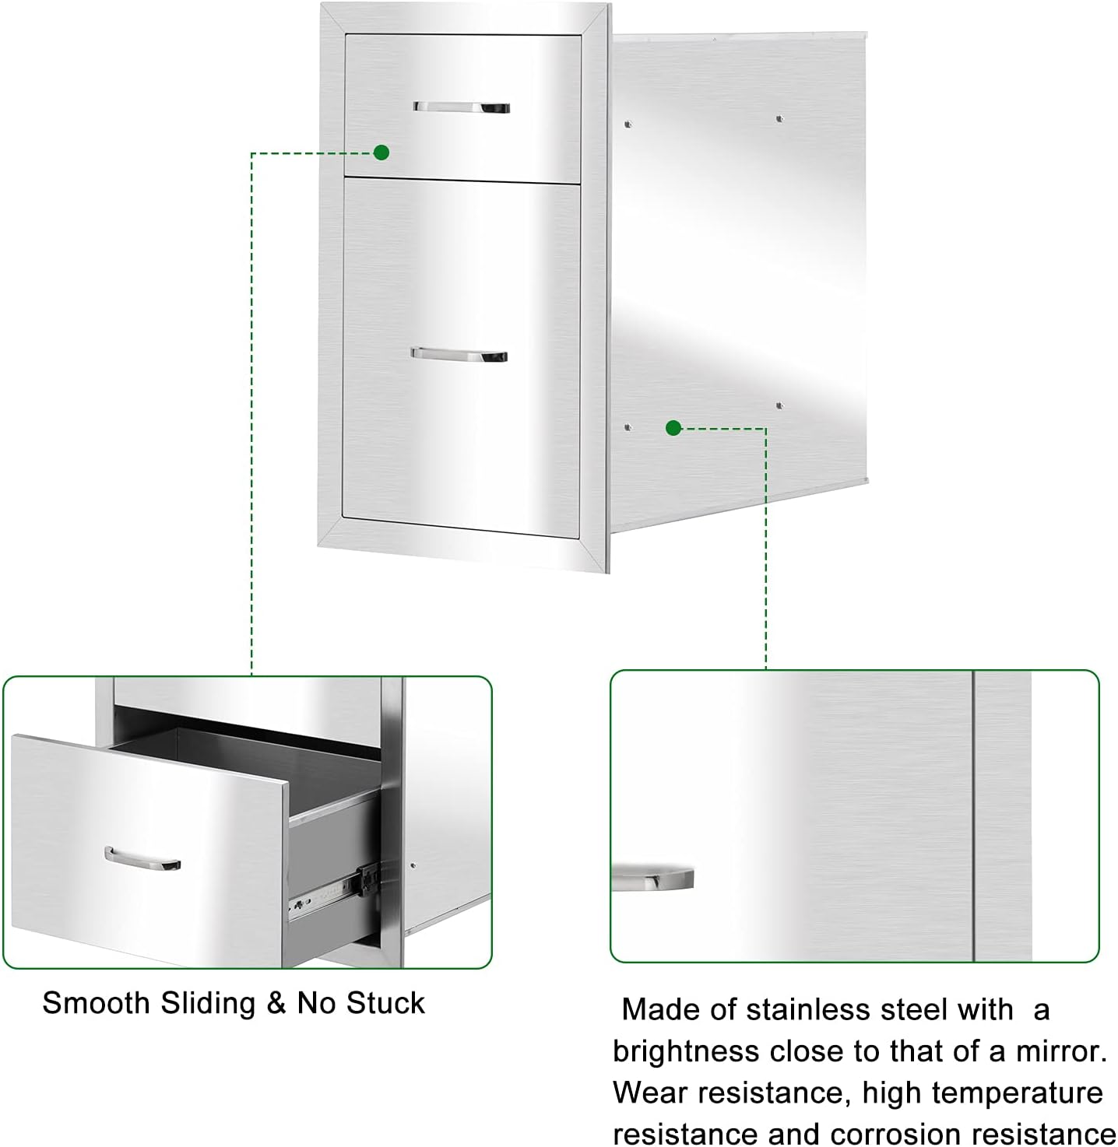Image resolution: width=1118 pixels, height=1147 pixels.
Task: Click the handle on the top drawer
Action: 461,107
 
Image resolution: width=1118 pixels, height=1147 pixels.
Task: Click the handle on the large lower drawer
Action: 459,355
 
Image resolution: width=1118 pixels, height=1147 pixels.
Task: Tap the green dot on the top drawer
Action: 381,153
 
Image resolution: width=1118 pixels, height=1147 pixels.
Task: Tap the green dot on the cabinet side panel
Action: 674,427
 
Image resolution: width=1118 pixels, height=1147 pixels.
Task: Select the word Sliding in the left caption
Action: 208,1003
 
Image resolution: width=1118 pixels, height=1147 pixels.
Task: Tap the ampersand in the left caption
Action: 276,1003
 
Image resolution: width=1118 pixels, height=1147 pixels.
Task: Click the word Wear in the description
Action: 650,1093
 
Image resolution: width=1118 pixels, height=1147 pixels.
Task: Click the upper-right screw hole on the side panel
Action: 779,119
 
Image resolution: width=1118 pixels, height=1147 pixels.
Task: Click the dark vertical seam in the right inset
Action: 974,817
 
